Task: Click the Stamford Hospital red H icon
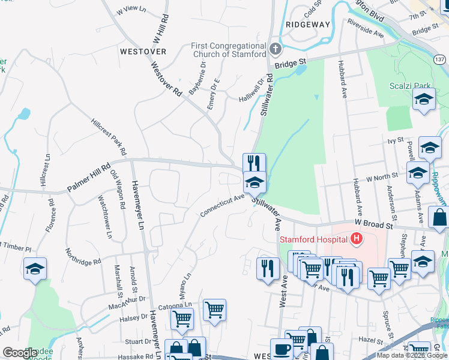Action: coord(357,240)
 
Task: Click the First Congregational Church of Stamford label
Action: coord(228,50)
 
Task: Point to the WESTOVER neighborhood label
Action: coord(143,52)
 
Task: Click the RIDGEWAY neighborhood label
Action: coord(308,25)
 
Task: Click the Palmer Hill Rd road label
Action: coord(89,179)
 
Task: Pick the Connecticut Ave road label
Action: coord(222,205)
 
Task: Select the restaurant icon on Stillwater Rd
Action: coord(254,163)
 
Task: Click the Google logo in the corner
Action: coord(20,353)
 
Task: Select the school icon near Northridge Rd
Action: coord(35,269)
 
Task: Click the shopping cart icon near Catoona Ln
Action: coord(182,319)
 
